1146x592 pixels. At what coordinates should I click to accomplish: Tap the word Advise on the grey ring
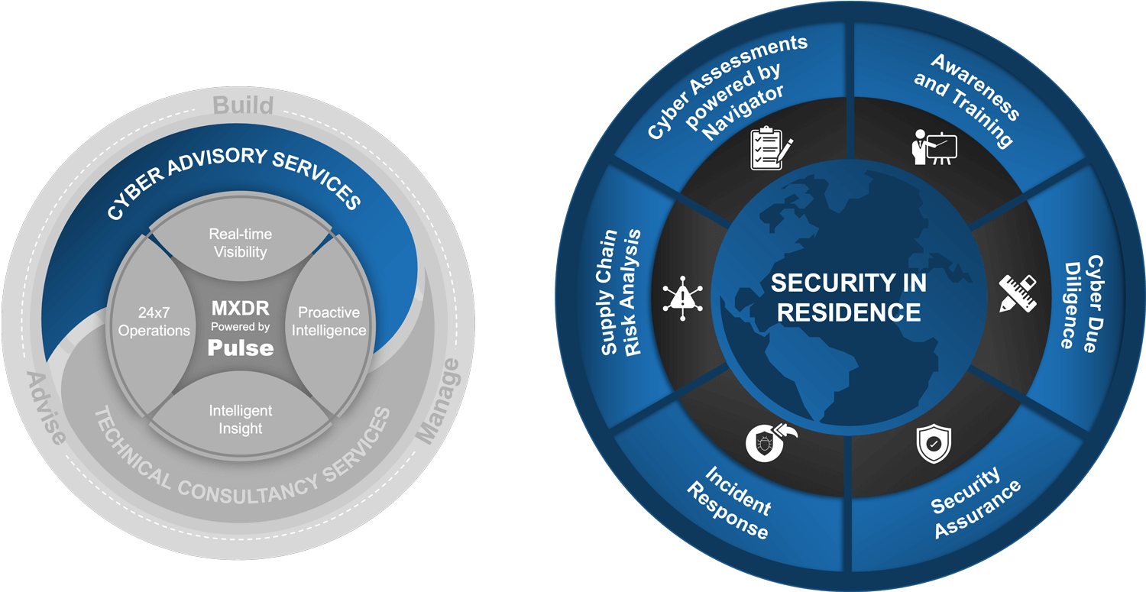46,408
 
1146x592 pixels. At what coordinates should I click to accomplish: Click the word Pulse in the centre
241,348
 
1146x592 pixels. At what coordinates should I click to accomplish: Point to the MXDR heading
241,309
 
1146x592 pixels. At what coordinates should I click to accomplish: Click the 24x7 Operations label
154,322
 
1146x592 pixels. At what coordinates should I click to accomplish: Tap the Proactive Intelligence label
329,322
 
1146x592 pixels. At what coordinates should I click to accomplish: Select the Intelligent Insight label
241,419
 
